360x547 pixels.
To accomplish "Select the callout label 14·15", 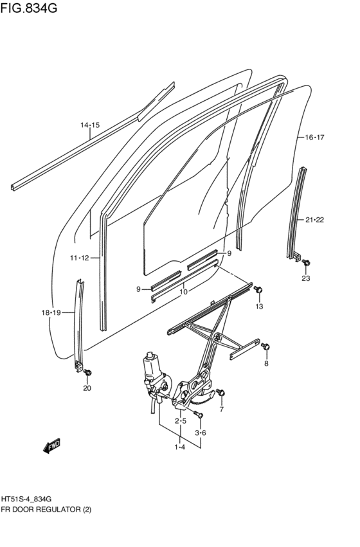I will (90, 125).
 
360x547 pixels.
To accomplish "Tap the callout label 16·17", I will (314, 138).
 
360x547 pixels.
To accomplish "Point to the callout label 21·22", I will (314, 220).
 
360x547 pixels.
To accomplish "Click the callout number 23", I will (305, 278).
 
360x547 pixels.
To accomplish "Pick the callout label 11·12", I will (80, 258).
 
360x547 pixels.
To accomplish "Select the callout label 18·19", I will (51, 312).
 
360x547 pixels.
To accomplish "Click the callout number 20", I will (87, 388).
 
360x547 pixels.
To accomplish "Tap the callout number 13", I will (259, 307).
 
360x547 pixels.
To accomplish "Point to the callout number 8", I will (266, 364).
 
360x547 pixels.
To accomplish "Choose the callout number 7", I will (221, 409).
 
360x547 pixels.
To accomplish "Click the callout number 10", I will (183, 292).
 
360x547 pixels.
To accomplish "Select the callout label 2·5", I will (181, 421).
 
